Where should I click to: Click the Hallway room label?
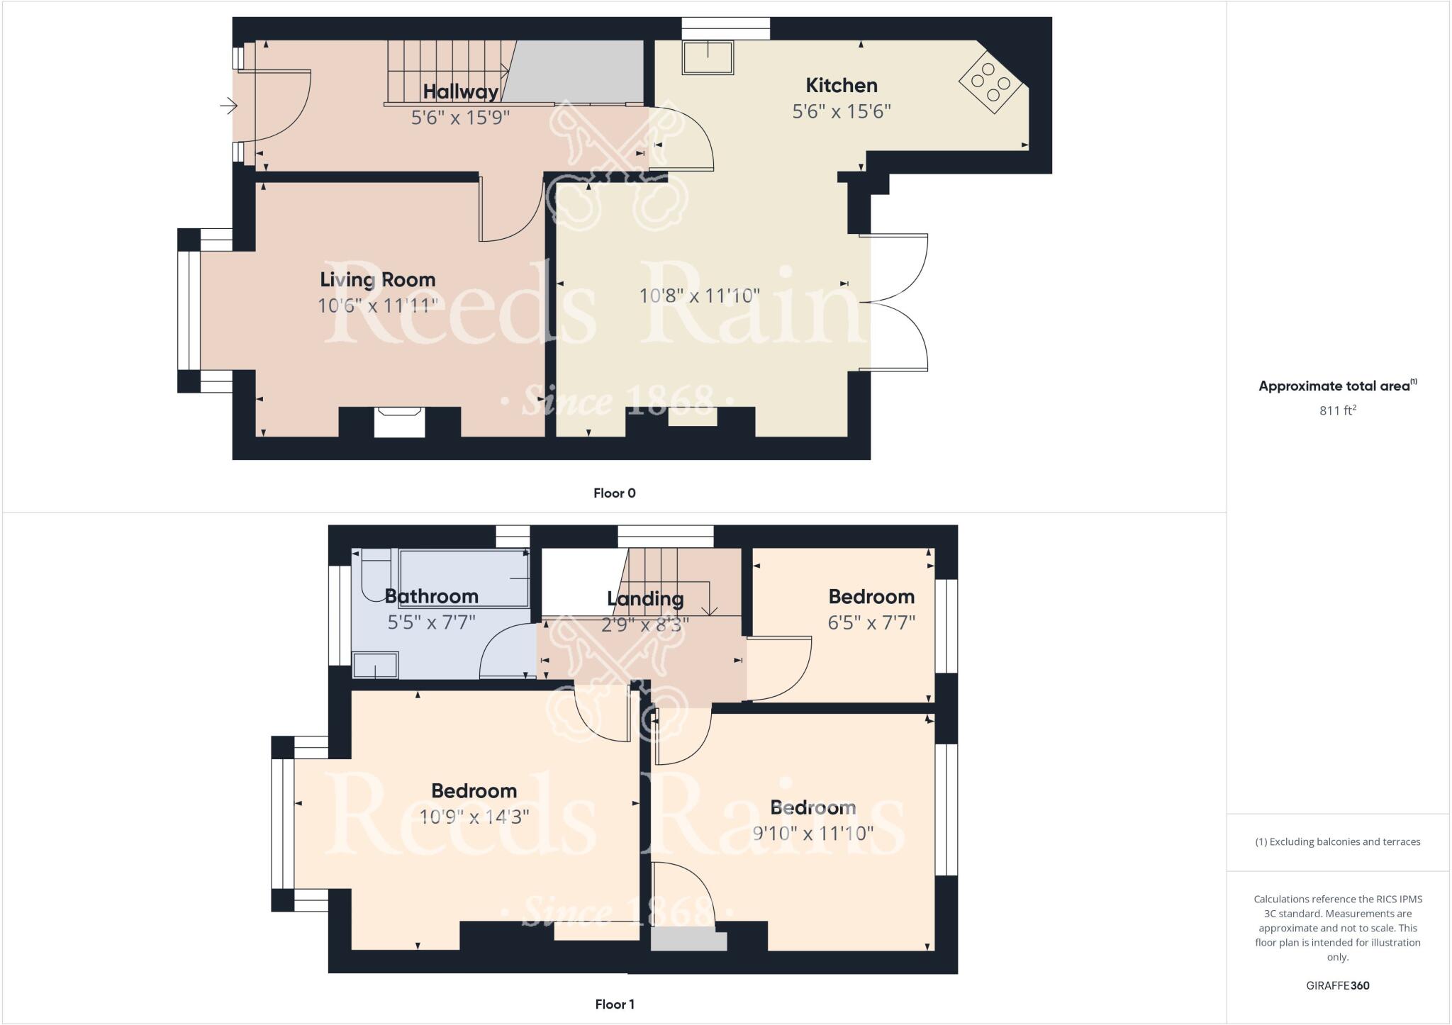[x=461, y=91]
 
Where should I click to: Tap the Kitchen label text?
[x=842, y=86]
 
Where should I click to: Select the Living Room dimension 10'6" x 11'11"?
[x=377, y=306]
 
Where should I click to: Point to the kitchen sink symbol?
[x=708, y=57]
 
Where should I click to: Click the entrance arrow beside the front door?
[x=228, y=106]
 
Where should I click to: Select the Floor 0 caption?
[x=614, y=493]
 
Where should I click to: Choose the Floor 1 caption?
[x=614, y=1004]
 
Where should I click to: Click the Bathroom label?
[x=431, y=596]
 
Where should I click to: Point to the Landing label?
[x=645, y=599]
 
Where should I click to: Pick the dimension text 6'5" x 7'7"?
[x=871, y=622]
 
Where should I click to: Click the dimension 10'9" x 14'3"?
[x=474, y=817]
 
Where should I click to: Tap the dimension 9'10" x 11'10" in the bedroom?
[x=812, y=833]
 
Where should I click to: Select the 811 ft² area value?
[x=1337, y=410]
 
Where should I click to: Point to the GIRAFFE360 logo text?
[x=1337, y=985]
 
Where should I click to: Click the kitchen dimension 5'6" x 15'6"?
[x=842, y=111]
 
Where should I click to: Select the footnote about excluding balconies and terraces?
[x=1337, y=842]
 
